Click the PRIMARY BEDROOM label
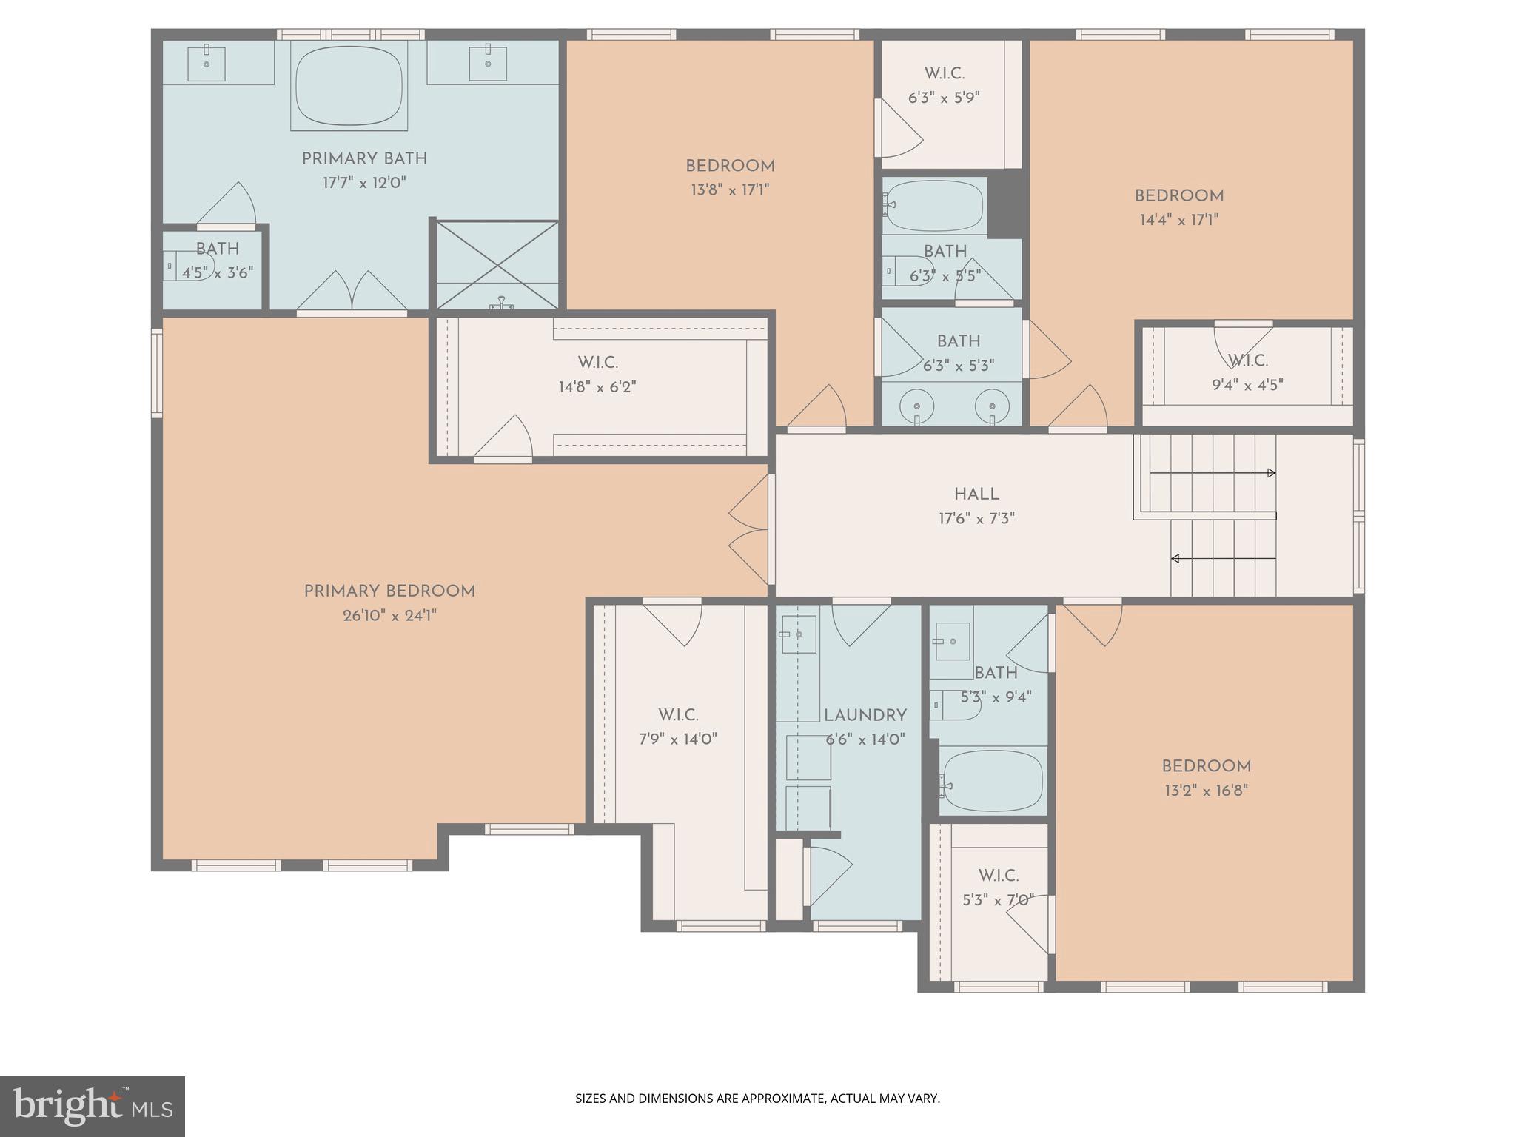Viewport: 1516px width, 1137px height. pyautogui.click(x=389, y=591)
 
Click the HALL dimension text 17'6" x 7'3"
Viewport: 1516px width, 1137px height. pyautogui.click(x=976, y=518)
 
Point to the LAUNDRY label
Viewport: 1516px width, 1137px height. pyautogui.click(x=865, y=716)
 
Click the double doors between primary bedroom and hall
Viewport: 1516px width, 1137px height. pyautogui.click(x=750, y=529)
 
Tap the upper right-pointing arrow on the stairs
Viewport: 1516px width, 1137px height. pyautogui.click(x=1271, y=473)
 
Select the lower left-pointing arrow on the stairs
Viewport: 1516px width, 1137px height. pyautogui.click(x=1175, y=558)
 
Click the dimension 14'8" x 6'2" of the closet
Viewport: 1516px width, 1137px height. pyautogui.click(x=597, y=386)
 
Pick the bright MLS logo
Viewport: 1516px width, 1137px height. pyautogui.click(x=92, y=1106)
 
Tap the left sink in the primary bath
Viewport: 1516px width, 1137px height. pyautogui.click(x=207, y=64)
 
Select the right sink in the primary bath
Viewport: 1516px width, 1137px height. pyautogui.click(x=489, y=64)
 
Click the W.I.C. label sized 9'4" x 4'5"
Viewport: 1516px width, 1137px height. pyautogui.click(x=1248, y=360)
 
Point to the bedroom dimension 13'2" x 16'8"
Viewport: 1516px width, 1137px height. pyautogui.click(x=1206, y=791)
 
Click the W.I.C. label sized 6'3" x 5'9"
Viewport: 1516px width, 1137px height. pyautogui.click(x=944, y=73)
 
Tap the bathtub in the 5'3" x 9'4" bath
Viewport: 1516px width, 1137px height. pyautogui.click(x=992, y=781)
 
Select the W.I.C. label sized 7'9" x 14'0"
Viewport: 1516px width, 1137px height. pyautogui.click(x=677, y=715)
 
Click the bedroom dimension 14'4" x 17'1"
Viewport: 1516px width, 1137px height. pyautogui.click(x=1178, y=220)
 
